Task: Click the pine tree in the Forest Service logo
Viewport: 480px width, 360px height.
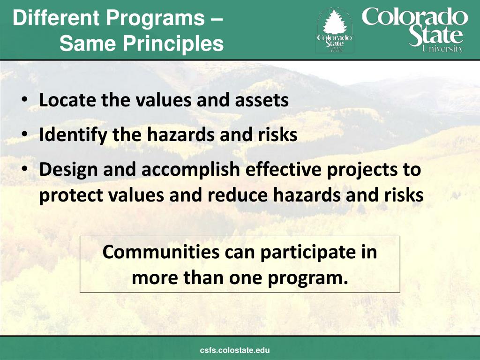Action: click(x=334, y=22)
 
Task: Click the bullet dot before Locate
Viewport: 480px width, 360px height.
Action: click(x=24, y=101)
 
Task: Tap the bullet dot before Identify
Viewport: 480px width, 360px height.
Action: click(x=24, y=135)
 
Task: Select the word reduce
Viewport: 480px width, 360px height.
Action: click(x=244, y=195)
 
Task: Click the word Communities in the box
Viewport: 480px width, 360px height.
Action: click(x=161, y=252)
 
